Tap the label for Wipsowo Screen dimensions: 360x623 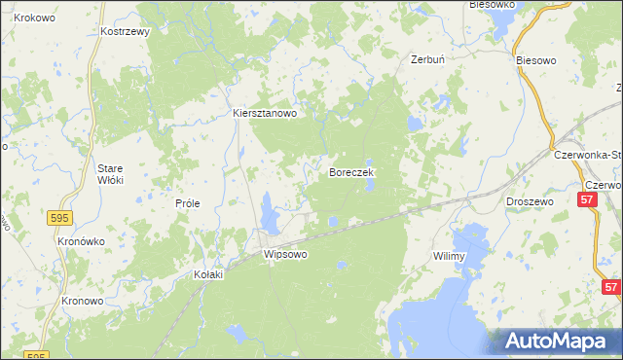click(285, 254)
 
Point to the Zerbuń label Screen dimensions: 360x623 click(427, 59)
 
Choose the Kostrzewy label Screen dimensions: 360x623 click(125, 31)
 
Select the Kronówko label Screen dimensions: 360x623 click(81, 240)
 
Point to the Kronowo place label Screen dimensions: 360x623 click(83, 301)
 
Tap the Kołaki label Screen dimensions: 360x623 click(207, 274)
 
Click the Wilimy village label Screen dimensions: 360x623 click(450, 256)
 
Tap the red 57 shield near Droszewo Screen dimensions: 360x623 click(587, 199)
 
